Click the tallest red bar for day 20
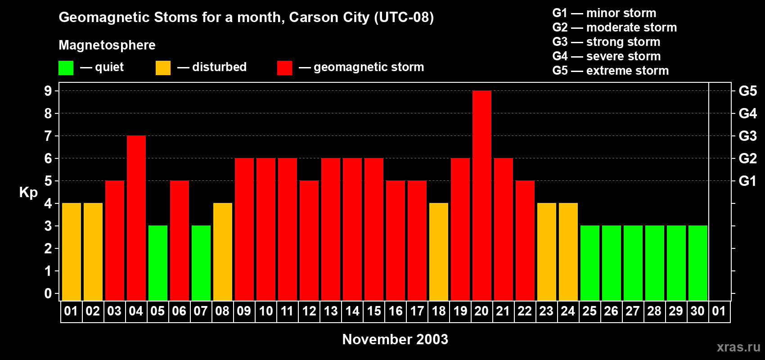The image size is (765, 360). coord(482,196)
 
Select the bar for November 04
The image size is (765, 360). coord(136,218)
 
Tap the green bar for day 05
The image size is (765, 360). coord(158,263)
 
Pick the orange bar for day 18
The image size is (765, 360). coord(439,252)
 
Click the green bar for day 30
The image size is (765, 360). coord(698,263)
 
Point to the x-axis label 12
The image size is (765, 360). coord(309,311)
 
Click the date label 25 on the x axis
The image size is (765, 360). coord(589,311)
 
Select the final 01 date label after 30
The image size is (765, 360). coord(719,311)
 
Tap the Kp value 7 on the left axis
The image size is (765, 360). coord(48,136)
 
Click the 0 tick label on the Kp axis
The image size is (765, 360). coord(48,293)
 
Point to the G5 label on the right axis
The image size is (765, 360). coord(747,91)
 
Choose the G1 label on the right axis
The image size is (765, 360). coord(747,181)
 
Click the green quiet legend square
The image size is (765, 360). coord(66,68)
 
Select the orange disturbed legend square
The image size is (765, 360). coord(163,68)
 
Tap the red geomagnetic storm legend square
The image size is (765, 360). coord(284,68)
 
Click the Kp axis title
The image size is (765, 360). coord(28,192)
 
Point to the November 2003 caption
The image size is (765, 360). coord(395,339)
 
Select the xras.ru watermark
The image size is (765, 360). coord(738,347)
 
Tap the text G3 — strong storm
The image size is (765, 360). coord(606,42)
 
